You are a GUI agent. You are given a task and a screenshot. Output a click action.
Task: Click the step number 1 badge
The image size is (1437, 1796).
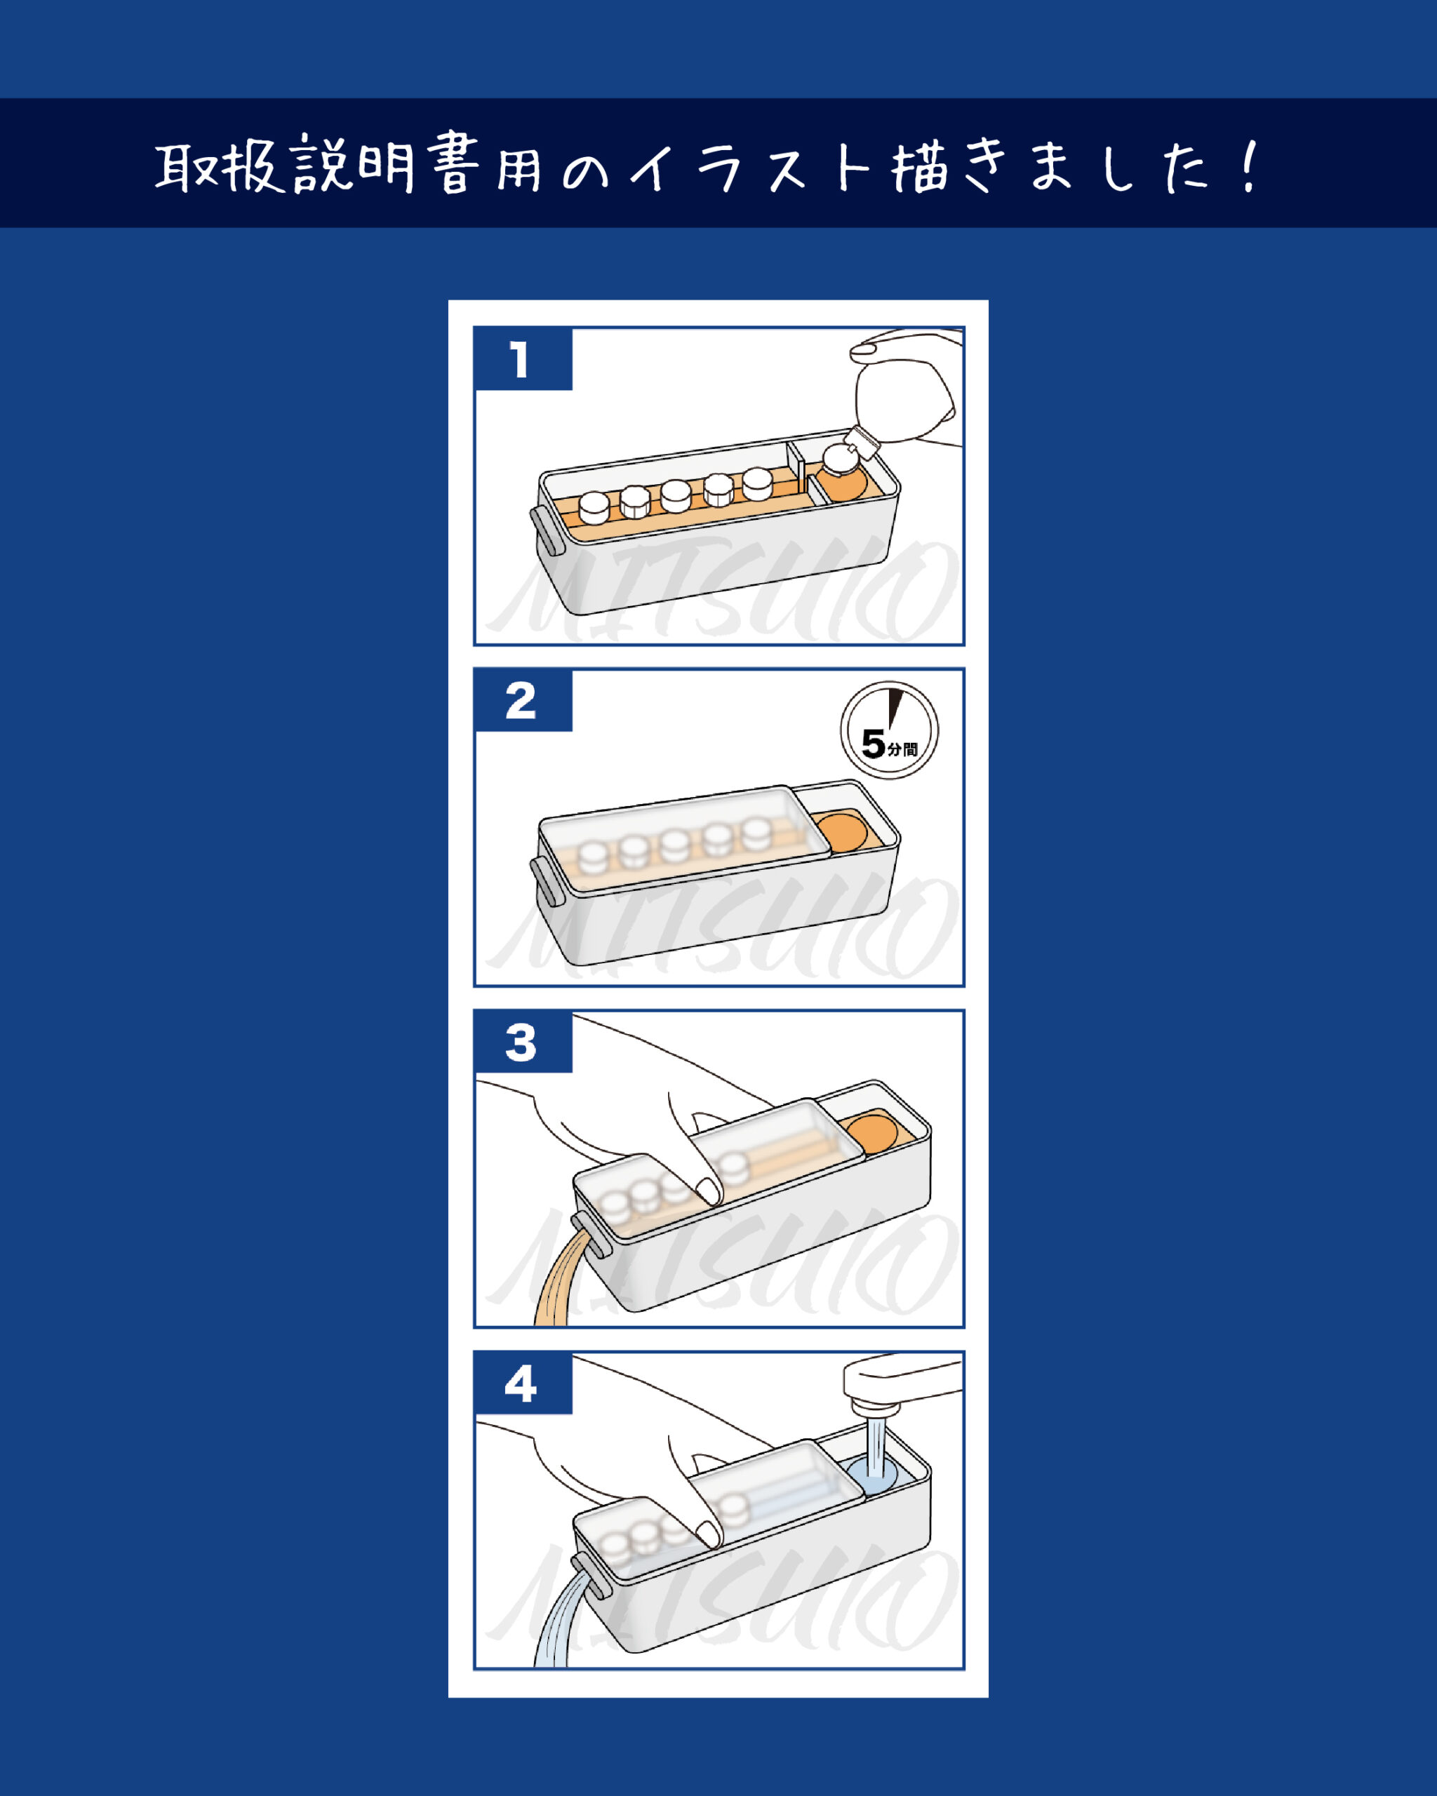click(523, 359)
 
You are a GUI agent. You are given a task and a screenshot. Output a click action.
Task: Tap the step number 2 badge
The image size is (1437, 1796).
click(523, 699)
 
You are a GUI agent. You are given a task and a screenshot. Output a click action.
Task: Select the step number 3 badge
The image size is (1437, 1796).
click(523, 1041)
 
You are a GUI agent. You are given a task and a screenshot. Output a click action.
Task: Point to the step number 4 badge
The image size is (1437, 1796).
click(523, 1383)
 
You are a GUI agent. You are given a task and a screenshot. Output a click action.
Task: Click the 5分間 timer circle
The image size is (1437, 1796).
click(889, 730)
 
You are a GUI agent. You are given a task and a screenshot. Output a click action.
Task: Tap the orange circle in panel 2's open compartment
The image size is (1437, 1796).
click(841, 831)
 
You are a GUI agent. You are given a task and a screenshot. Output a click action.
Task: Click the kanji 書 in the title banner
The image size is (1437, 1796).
click(455, 164)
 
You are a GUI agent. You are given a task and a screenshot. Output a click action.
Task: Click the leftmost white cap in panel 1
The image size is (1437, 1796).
click(594, 507)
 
